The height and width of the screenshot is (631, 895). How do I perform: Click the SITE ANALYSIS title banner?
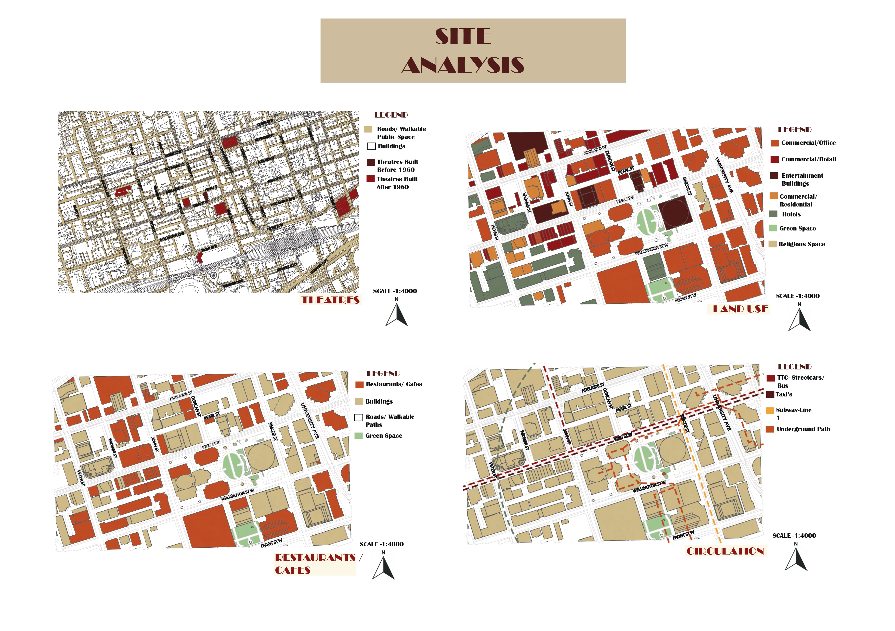[x=473, y=51]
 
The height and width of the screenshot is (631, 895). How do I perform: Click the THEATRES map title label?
[x=331, y=300]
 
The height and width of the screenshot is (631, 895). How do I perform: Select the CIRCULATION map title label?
[x=725, y=551]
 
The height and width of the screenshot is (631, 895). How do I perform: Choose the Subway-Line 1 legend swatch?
[x=770, y=410]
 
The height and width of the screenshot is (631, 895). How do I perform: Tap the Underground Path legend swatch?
[x=770, y=429]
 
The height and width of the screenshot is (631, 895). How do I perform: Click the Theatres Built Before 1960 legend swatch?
[x=371, y=162]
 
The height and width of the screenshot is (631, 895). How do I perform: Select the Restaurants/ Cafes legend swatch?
[x=359, y=385]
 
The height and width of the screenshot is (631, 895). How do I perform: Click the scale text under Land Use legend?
[x=798, y=296]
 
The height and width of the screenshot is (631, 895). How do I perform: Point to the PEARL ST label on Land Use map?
[x=626, y=170]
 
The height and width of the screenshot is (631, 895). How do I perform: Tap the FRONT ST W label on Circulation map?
[x=683, y=535]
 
